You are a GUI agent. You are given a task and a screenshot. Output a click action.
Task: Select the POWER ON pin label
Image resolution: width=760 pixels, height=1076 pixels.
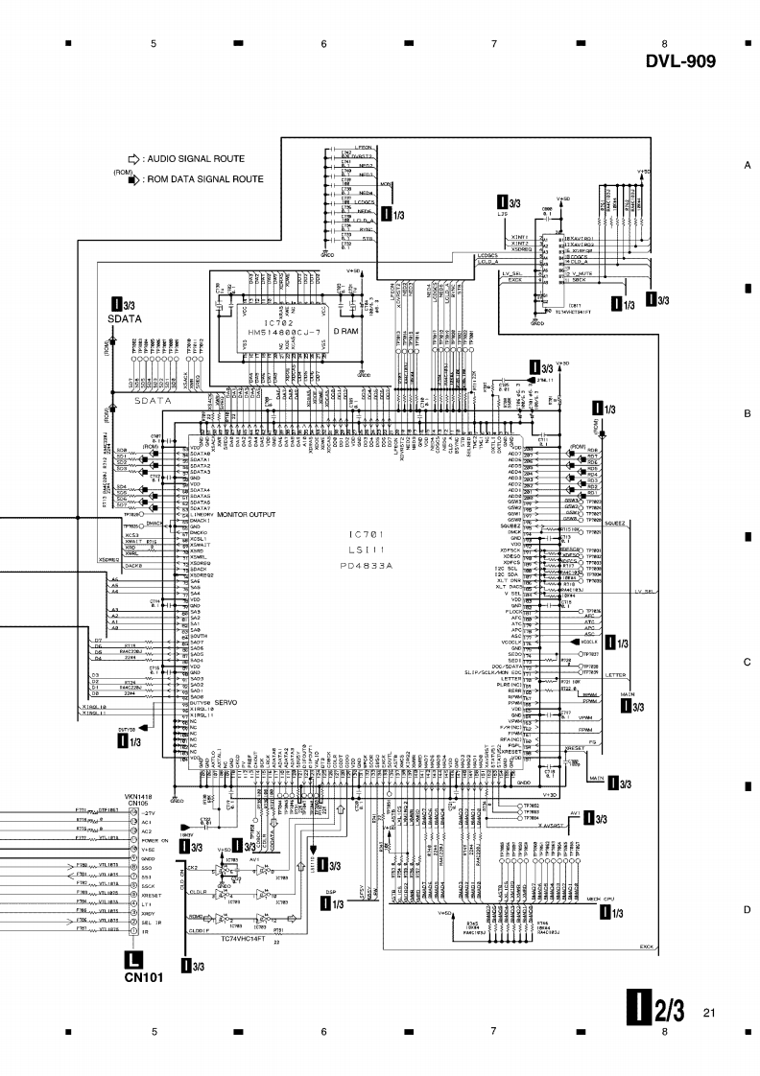pos(155,839)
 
